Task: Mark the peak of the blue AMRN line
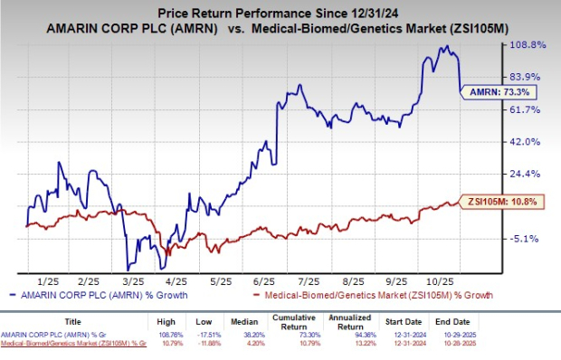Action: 443,46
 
